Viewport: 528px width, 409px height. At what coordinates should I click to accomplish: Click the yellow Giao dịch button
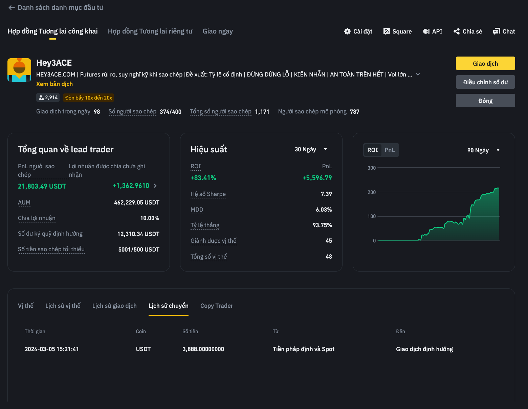point(485,63)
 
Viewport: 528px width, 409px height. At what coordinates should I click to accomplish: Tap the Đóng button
point(485,101)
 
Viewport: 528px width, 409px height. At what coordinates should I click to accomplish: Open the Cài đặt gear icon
point(347,31)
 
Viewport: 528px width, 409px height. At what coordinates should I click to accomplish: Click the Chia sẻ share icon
point(457,31)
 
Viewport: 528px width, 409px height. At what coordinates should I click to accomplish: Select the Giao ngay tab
point(218,31)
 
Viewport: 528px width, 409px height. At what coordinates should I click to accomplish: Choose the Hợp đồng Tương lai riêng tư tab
point(150,31)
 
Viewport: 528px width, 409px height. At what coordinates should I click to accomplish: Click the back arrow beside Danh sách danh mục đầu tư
point(12,8)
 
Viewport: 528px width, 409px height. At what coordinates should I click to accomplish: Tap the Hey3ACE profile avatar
point(19,70)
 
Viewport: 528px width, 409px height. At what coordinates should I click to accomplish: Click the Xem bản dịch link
point(54,84)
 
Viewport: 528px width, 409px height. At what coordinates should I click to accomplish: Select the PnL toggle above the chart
point(390,150)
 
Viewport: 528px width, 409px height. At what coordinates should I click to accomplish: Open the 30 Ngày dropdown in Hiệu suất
point(311,149)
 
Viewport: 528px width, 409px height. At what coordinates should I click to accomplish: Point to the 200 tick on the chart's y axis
point(372,192)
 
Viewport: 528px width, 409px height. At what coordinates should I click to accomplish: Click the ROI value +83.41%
point(203,178)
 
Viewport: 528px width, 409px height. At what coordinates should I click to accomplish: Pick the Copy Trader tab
point(217,306)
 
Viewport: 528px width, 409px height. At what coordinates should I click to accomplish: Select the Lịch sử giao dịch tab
point(114,306)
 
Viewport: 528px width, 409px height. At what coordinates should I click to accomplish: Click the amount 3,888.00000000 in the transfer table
point(203,349)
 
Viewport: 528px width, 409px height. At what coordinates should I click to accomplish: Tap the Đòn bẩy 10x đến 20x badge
point(88,98)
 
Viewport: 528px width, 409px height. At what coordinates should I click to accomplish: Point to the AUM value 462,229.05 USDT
point(136,202)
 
